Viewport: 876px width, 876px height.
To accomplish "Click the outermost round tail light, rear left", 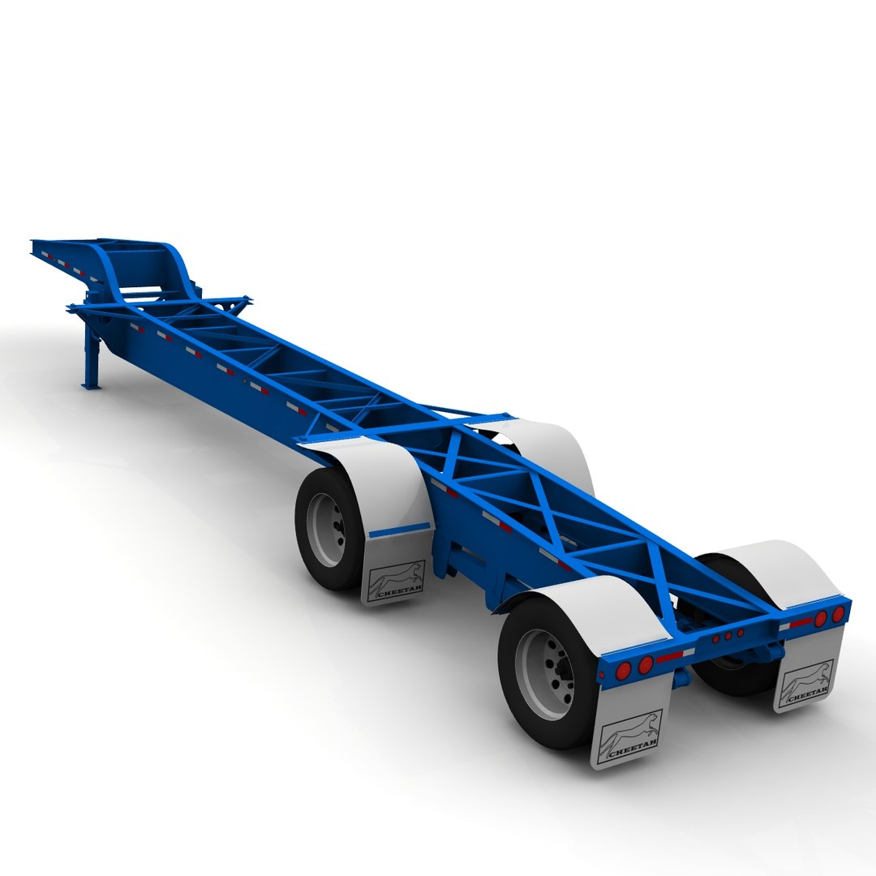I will (624, 670).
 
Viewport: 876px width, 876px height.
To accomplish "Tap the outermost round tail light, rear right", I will (838, 614).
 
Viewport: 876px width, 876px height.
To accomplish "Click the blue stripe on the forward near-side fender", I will (399, 530).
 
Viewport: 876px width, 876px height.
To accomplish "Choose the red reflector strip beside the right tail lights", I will (802, 622).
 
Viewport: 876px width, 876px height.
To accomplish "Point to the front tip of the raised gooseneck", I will (36, 243).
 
